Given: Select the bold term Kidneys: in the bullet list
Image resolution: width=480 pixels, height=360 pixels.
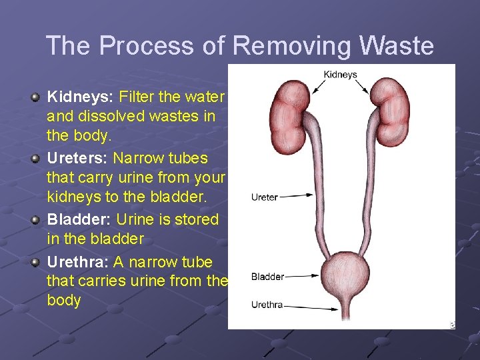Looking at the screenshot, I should [x=75, y=97].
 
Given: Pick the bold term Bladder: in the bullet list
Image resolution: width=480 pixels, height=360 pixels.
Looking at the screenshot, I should [x=79, y=220].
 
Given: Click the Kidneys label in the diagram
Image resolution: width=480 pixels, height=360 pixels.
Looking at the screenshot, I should [x=340, y=75].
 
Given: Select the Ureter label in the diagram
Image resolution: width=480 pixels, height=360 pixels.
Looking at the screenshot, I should [x=265, y=197].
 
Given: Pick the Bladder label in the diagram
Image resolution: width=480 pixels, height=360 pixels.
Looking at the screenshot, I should [x=268, y=276].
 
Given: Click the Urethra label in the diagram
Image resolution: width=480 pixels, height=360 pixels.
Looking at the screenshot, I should [x=267, y=305].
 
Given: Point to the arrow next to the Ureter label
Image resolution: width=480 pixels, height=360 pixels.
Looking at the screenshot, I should [x=297, y=195].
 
